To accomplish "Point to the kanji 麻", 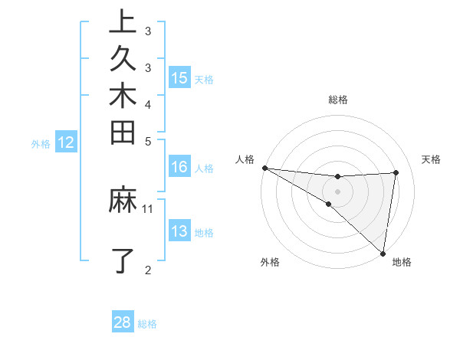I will coord(123,201).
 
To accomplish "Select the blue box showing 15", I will coord(179,77).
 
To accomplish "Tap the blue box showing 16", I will coord(179,168).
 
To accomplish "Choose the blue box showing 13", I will coord(179,231).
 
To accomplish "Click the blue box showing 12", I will coord(66,142).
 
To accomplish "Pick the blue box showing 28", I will coord(123,322).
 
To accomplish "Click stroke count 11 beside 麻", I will coord(148,208).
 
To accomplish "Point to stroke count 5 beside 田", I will coord(148,141).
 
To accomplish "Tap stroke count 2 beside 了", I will coord(148,269).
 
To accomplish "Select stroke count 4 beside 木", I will coord(148,103).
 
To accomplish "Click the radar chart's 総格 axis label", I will coord(338,100).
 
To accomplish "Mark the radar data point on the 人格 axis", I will coord(264,167).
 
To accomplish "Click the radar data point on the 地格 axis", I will coord(383,252).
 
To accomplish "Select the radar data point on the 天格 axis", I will coord(396,172).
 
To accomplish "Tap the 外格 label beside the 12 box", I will coord(41,142).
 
